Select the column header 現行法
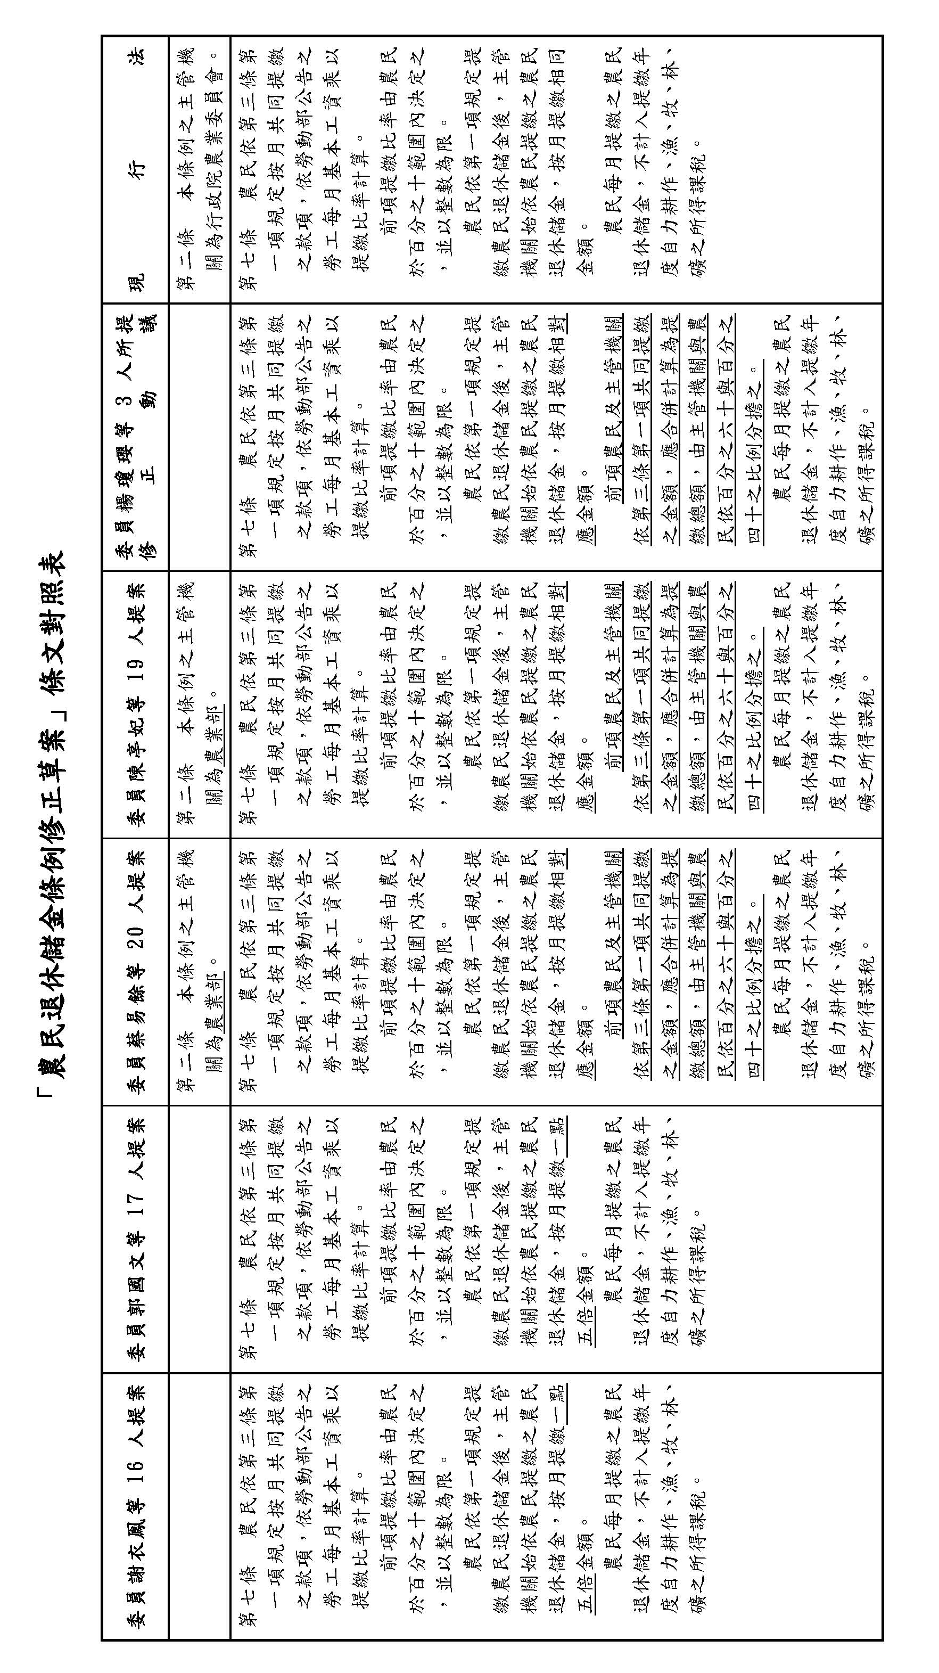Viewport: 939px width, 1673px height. tap(136, 169)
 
